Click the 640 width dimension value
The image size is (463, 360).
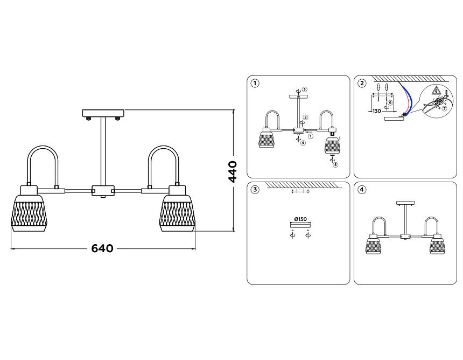[102, 248]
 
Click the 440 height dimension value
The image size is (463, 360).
[233, 171]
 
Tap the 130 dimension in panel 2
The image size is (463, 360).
[377, 111]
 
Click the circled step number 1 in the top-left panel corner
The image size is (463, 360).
[255, 84]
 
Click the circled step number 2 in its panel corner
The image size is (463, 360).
[362, 84]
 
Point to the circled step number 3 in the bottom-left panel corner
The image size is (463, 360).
[255, 190]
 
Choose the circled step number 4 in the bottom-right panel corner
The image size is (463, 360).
[362, 190]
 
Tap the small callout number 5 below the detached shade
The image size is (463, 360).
[335, 165]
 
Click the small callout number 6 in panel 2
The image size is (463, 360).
[391, 102]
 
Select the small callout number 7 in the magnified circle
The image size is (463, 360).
[444, 109]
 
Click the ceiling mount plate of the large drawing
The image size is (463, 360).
[103, 113]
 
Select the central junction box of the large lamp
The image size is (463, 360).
[103, 190]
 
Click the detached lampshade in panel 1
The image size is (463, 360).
[333, 146]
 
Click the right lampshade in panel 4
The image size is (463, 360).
[437, 246]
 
